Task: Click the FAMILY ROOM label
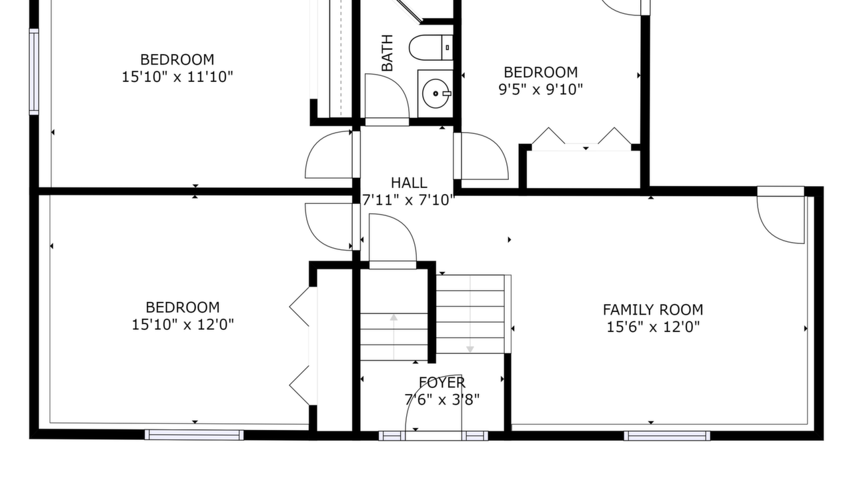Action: click(653, 310)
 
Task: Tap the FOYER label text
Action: click(442, 383)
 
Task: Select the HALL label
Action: click(409, 183)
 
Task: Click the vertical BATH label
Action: click(387, 53)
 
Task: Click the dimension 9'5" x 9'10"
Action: click(541, 90)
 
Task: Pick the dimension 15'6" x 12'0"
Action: click(653, 327)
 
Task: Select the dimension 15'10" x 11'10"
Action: click(177, 77)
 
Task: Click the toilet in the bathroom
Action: click(431, 47)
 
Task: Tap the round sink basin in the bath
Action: click(436, 93)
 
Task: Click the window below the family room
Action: click(667, 436)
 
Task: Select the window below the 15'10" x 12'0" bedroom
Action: click(194, 435)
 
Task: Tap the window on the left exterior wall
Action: click(34, 71)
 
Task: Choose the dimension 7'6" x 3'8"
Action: click(442, 400)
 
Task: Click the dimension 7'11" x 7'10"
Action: click(408, 200)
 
